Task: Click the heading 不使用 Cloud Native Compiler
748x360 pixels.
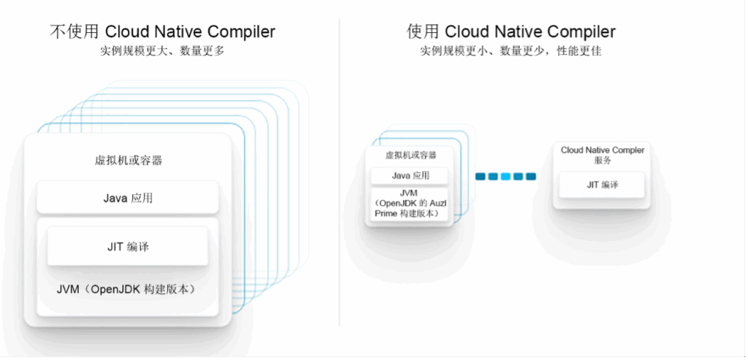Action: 162,31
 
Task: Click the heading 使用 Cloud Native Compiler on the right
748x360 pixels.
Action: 511,31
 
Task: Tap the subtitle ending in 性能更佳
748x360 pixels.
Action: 511,52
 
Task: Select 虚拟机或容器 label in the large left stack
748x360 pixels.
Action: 129,161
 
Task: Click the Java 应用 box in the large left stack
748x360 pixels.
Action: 128,197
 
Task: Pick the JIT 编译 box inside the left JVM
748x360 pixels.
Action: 128,247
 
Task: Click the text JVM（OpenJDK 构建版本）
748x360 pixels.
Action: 128,289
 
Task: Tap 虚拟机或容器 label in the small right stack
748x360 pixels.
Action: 411,156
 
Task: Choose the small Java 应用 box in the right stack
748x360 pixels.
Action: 411,175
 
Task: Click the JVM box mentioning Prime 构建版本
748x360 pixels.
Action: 411,203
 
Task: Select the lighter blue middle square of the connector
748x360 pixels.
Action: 505,176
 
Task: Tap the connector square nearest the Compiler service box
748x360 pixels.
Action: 530,176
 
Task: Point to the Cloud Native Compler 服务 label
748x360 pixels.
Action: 603,155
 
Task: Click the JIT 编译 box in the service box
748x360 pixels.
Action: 603,185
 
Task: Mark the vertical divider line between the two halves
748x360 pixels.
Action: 340,175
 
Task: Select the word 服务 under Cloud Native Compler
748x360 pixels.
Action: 603,161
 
